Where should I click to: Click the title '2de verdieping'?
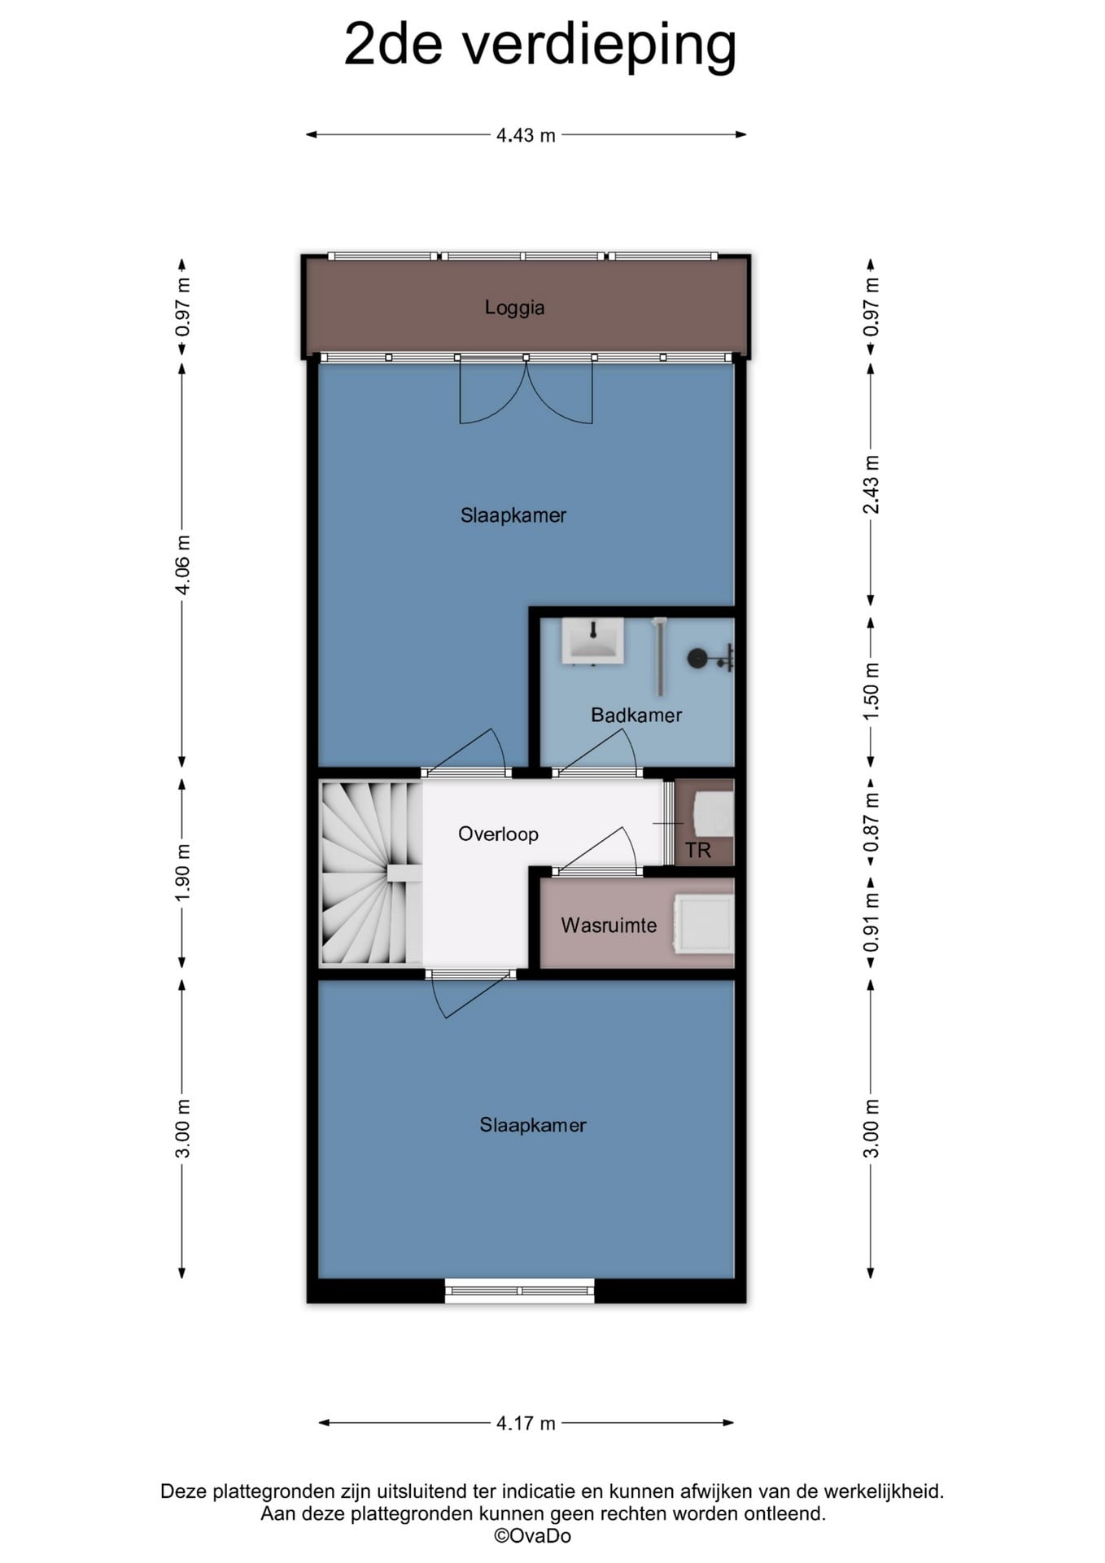point(540,45)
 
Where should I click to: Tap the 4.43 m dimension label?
point(526,135)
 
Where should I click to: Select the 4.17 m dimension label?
point(526,1423)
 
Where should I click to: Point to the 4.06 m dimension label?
point(183,565)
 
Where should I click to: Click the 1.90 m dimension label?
point(183,872)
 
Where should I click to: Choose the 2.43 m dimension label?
point(871,484)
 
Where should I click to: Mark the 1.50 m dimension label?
point(871,690)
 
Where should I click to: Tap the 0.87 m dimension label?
point(871,822)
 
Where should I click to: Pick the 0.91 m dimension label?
point(871,922)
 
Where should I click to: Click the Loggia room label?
point(514,308)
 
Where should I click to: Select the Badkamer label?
point(636,715)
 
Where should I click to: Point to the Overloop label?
point(498,834)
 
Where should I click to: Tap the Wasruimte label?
point(609,925)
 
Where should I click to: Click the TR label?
point(698,851)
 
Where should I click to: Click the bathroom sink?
point(593,641)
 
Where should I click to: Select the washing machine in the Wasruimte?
point(704,923)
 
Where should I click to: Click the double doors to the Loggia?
point(526,391)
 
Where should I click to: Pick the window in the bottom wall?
point(520,1290)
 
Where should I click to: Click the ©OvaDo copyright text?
point(533,1535)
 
